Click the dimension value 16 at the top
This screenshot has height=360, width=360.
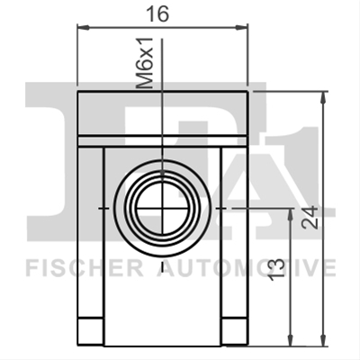157,14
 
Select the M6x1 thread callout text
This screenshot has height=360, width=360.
145,63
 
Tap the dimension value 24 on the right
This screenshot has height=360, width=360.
310,218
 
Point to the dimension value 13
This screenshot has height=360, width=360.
276,269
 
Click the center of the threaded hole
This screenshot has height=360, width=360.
162,208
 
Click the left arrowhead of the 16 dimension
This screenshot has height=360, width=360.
84,28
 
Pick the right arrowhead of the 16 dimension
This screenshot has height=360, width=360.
242,28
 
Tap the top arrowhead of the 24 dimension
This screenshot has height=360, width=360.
323,97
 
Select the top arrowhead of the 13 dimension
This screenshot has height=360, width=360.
290,214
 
